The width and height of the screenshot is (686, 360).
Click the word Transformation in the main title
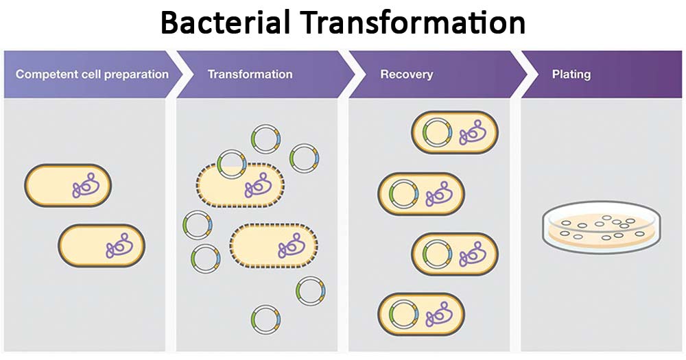pos(413,23)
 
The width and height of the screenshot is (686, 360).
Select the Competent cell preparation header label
pos(92,74)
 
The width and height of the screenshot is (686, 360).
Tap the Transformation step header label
pos(250,74)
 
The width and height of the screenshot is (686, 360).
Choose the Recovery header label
pos(406,74)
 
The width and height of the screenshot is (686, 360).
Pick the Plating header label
pos(571,74)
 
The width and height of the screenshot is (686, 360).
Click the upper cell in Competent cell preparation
pos(68,185)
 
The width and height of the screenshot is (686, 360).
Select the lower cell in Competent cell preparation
pos(102,245)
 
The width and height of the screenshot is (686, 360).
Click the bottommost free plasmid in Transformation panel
pos(266,320)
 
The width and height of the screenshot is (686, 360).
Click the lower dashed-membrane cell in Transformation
pos(274,245)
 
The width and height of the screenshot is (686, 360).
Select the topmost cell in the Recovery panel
pos(454,132)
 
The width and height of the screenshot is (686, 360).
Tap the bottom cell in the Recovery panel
pos(421,315)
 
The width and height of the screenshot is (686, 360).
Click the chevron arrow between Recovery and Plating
pos(523,74)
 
